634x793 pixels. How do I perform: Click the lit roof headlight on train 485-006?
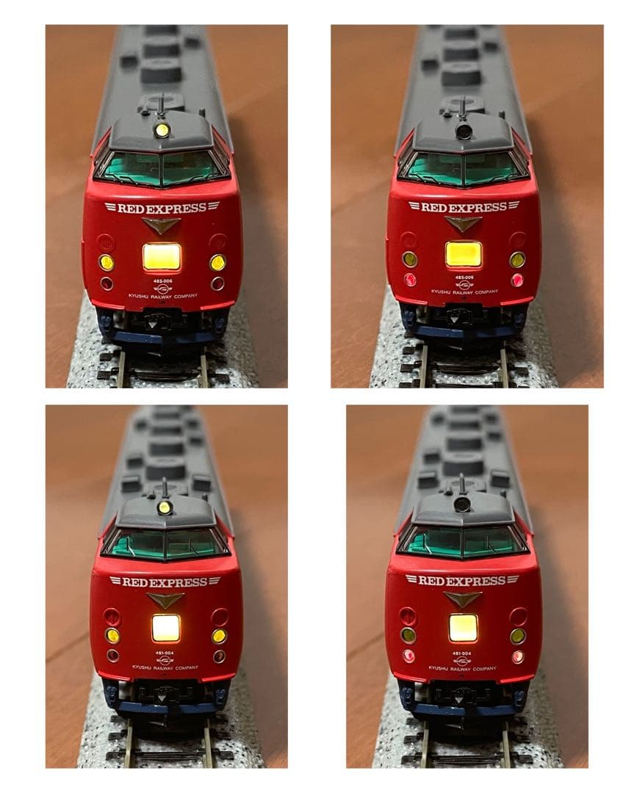click(x=162, y=130)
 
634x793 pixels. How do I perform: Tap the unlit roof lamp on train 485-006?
click(x=464, y=131)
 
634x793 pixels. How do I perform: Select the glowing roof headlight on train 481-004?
click(x=165, y=507)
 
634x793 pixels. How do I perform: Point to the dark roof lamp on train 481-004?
click(x=462, y=504)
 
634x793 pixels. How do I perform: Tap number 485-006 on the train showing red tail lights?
click(x=464, y=278)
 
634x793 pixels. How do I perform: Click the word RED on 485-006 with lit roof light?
click(x=132, y=208)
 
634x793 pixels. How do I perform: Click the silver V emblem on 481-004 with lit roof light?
click(x=165, y=600)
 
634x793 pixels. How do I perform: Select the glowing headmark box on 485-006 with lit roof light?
click(x=162, y=256)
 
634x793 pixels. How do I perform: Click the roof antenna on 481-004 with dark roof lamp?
click(x=461, y=485)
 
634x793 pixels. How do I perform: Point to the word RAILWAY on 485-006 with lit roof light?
click(x=163, y=295)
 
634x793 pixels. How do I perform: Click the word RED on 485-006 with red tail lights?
click(x=433, y=208)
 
